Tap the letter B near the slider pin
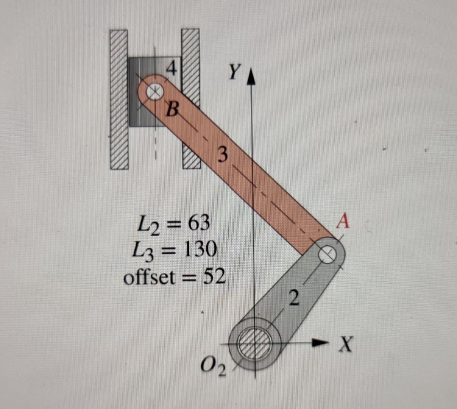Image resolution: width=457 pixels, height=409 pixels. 172,110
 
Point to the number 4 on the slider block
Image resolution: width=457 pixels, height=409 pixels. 172,69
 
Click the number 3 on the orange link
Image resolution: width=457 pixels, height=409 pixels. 223,155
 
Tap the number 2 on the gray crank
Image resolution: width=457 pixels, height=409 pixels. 294,297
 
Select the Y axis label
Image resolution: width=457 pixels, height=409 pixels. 235,72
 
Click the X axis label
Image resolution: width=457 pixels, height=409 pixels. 345,345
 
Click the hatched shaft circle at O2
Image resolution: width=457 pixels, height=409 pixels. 255,343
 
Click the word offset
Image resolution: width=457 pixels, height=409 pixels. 150,278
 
